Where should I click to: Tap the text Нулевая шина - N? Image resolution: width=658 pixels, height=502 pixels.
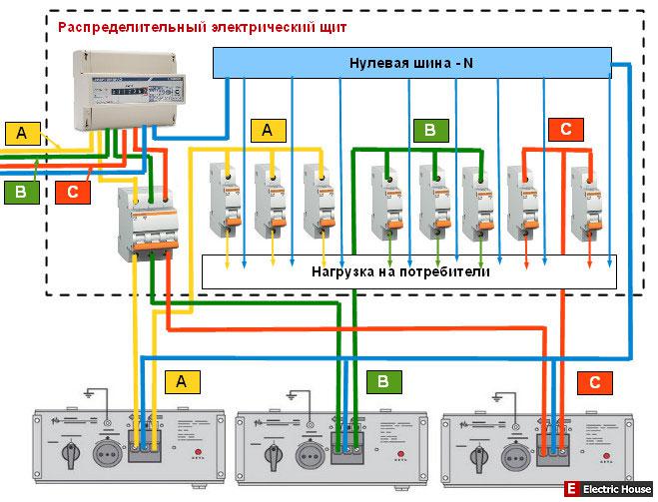[411, 62]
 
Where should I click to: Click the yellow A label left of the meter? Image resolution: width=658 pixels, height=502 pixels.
[21, 133]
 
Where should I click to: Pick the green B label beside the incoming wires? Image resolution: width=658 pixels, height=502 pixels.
[20, 191]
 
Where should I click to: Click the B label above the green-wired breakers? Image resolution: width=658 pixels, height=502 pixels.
[429, 130]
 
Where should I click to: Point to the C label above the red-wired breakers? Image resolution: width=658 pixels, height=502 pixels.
[565, 129]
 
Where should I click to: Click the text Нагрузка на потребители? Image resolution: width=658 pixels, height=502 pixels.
[399, 270]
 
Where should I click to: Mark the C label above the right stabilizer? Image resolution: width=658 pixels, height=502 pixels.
[594, 381]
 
